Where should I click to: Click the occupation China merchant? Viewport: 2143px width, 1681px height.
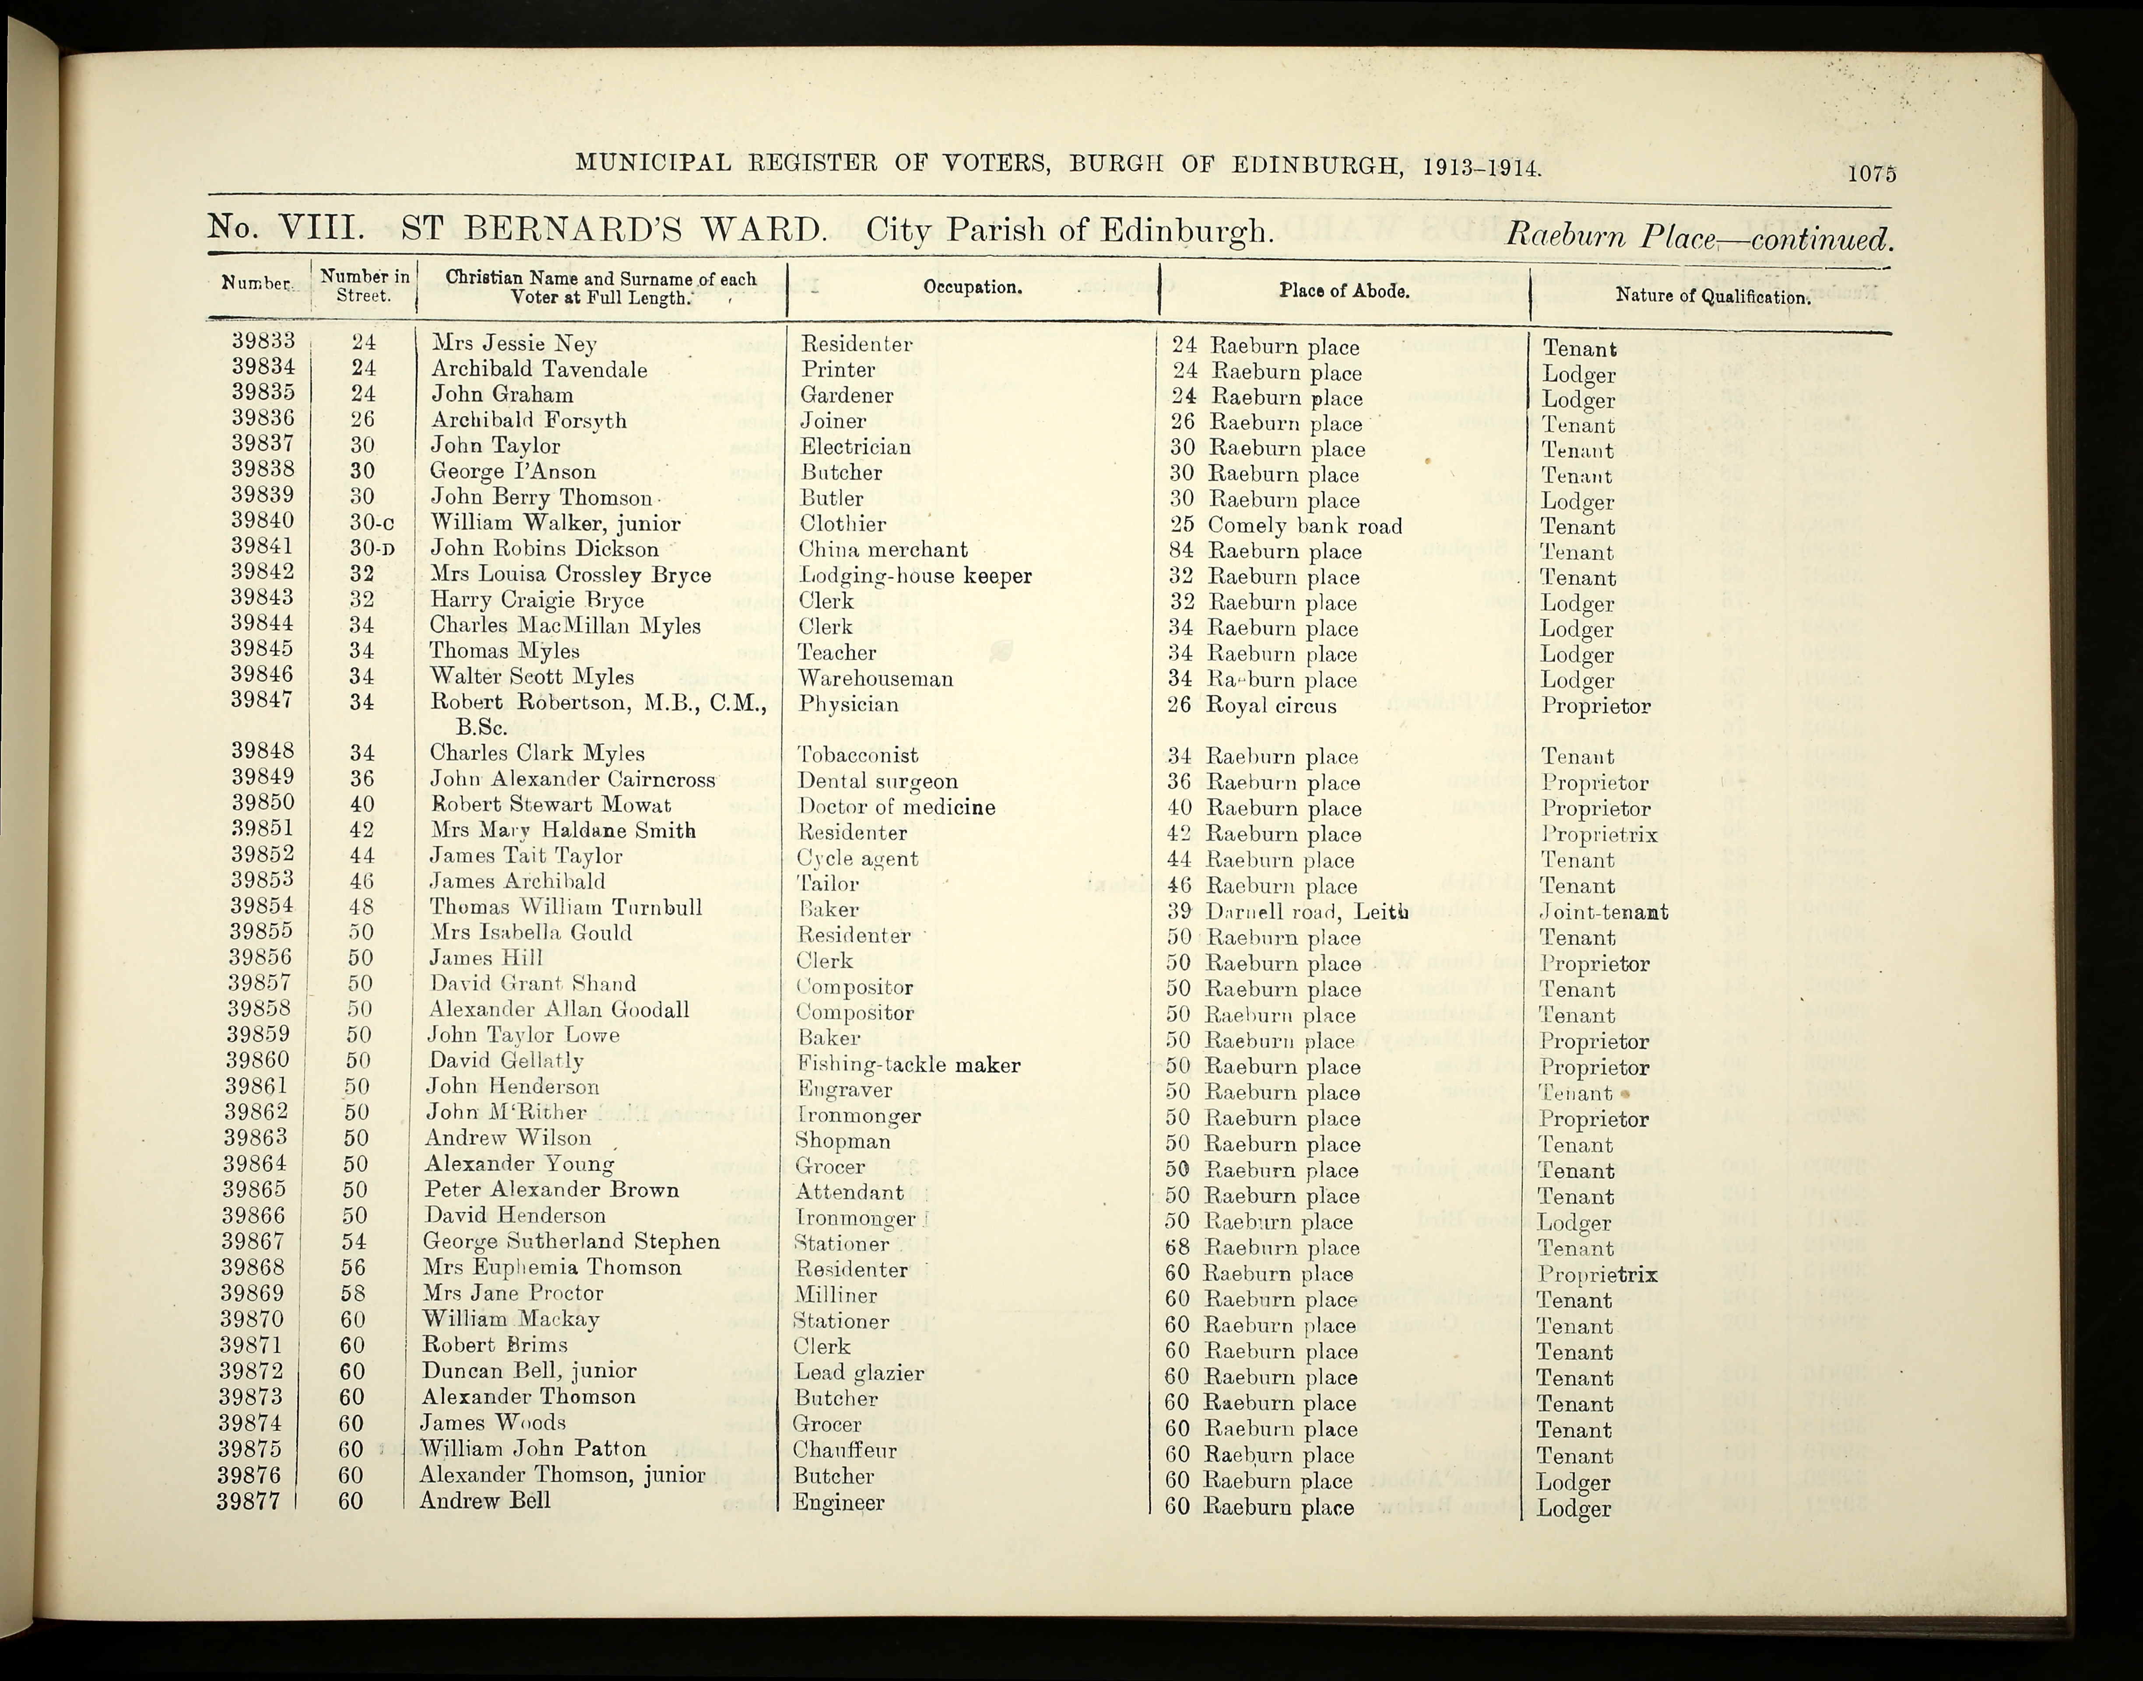click(x=882, y=549)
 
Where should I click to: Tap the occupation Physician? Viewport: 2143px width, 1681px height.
click(x=848, y=703)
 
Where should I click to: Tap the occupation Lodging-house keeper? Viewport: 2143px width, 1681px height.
click(x=915, y=576)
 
